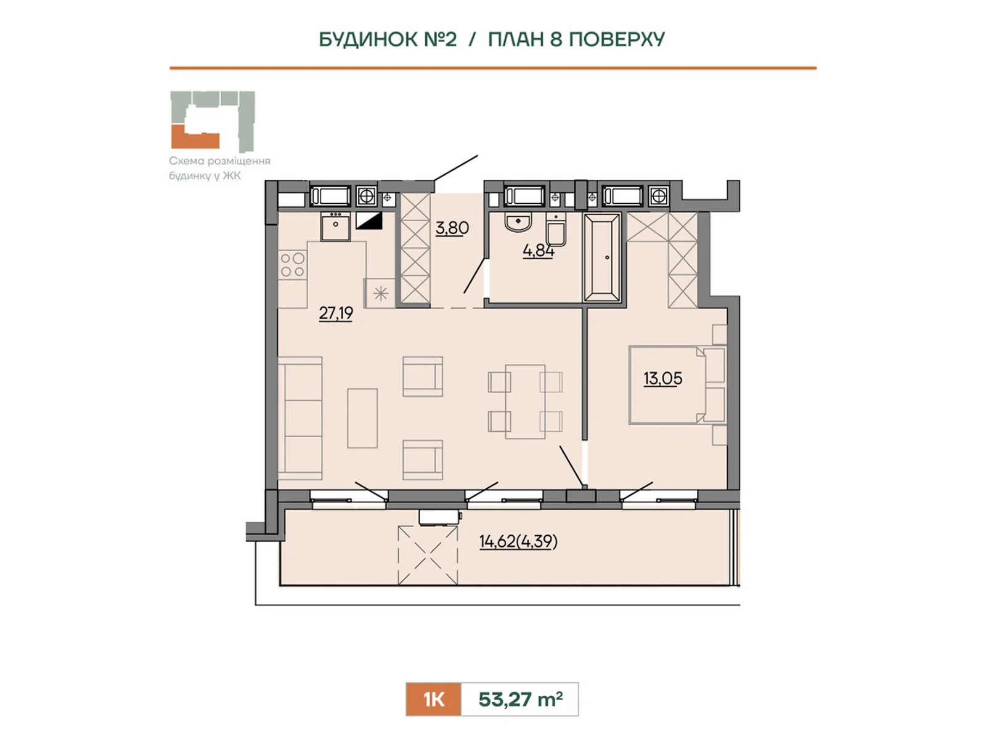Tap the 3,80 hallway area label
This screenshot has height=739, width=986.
point(452,227)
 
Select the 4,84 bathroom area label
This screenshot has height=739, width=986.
point(538,250)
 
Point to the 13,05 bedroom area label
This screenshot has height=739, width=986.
point(662,378)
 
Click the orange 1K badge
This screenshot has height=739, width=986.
point(433,699)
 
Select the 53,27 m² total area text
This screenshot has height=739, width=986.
point(520,699)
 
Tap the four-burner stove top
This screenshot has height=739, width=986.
point(293,265)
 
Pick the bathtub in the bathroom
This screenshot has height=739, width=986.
point(602,257)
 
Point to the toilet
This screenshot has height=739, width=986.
point(556,230)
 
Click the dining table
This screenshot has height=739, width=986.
point(525,402)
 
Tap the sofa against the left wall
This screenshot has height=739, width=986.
point(300,418)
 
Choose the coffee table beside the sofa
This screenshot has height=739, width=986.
point(362,418)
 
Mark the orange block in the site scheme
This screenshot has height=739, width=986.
point(195,137)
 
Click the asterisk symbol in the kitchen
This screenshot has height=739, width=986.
point(380,294)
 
